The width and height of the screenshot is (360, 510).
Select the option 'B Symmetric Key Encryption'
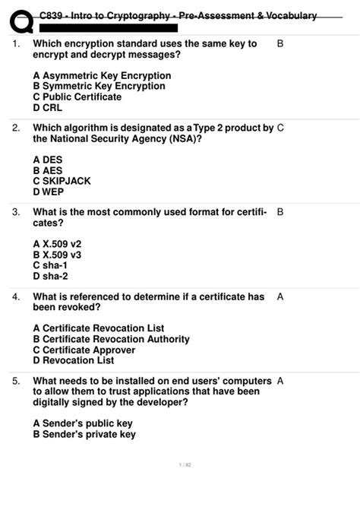point(99,87)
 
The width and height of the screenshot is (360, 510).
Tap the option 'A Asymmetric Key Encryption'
point(102,76)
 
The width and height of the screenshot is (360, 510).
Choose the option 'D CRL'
point(46,108)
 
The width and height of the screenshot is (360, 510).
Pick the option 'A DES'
point(48,160)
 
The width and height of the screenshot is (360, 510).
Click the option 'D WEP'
point(49,192)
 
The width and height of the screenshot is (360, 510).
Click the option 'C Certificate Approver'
point(84,350)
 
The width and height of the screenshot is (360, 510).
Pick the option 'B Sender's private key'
point(84,434)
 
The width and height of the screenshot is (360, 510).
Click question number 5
point(16,380)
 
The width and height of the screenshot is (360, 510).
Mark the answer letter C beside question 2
point(280,128)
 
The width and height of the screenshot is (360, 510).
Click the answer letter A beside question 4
point(280,296)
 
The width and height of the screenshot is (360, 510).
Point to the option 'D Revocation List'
point(74,360)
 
